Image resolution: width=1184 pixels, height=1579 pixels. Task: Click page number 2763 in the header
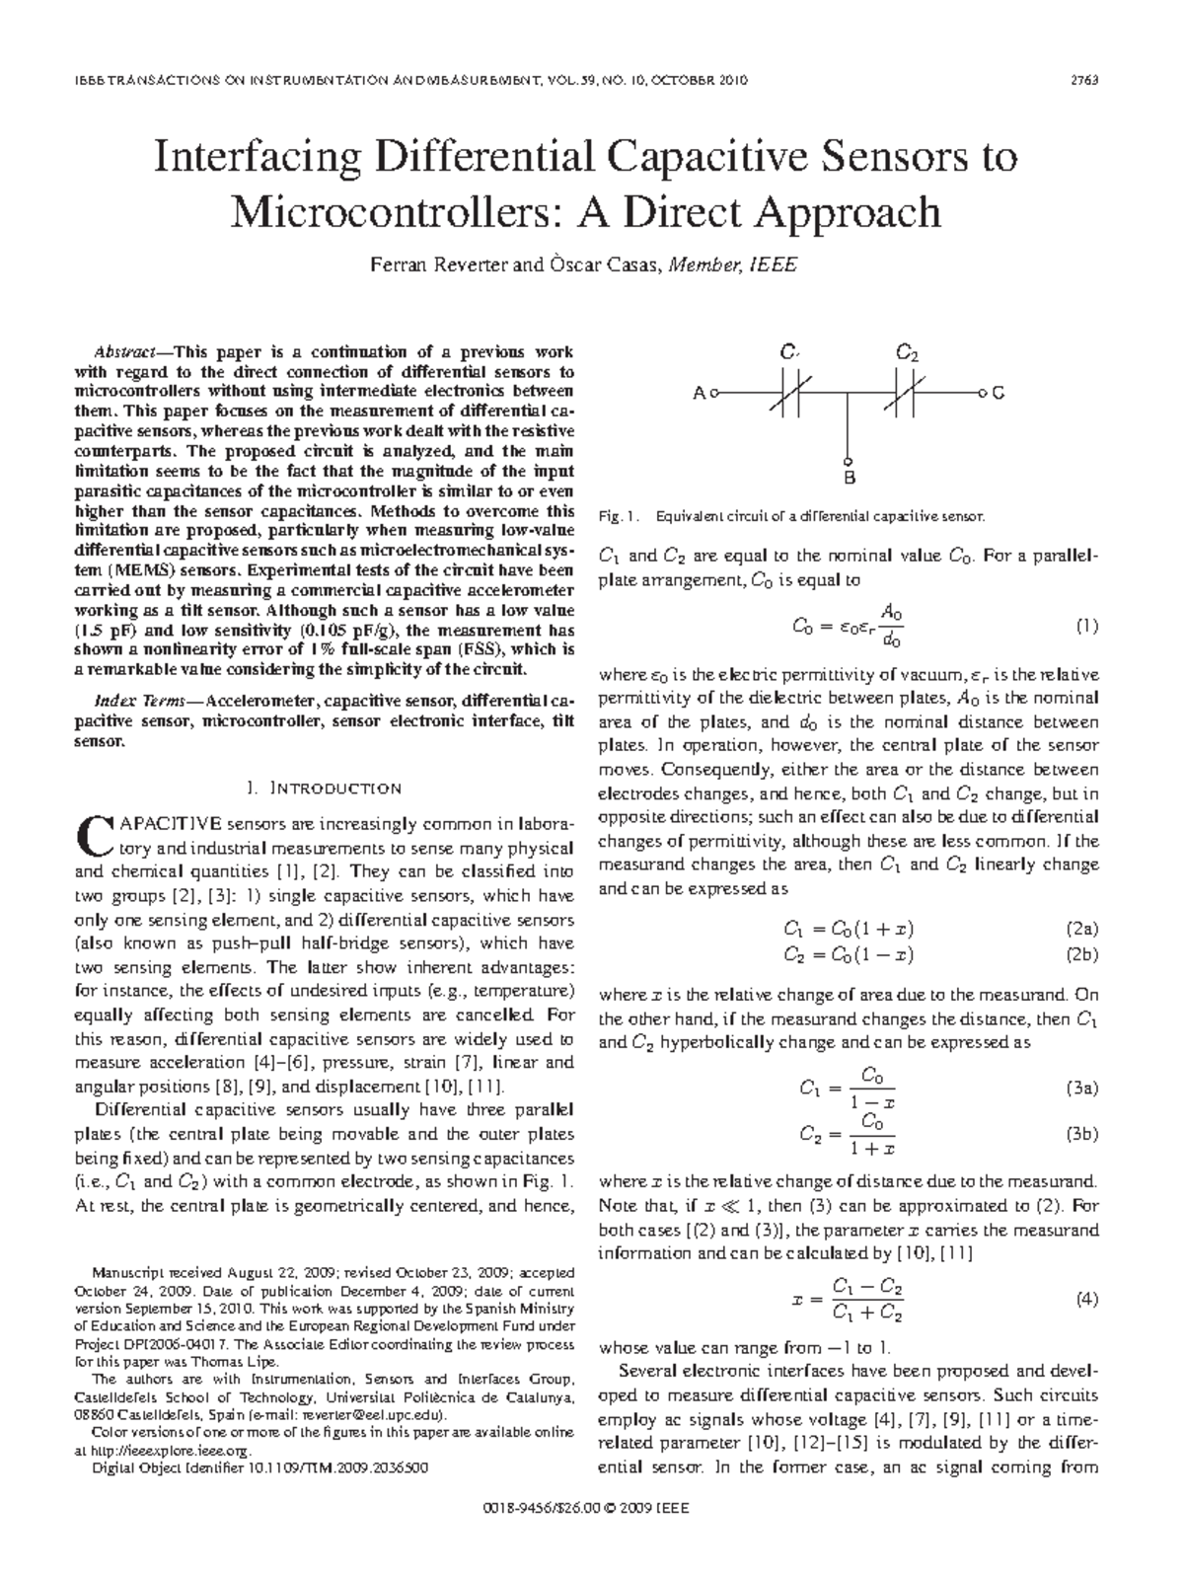point(1085,80)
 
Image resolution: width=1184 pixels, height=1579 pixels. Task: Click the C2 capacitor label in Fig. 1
point(907,352)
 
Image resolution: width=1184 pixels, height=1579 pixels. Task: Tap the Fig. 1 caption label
point(620,516)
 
